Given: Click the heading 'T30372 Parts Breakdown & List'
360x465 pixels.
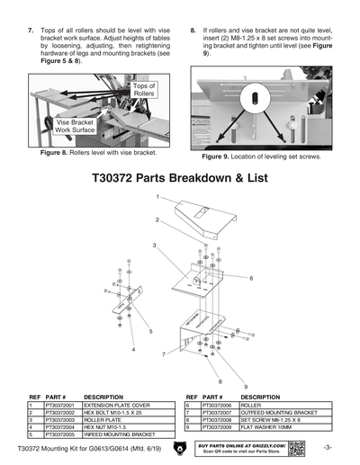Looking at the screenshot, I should coord(180,177).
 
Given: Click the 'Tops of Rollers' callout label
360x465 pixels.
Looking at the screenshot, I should coord(145,88).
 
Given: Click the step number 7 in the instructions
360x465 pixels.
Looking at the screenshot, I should coord(31,30).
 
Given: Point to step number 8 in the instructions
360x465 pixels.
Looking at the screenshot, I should coord(193,30).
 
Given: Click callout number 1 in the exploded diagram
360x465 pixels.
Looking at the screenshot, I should coord(157,196).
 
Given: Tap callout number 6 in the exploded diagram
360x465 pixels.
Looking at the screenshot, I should coord(251,278).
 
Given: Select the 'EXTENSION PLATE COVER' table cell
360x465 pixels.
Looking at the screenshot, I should coord(122,406).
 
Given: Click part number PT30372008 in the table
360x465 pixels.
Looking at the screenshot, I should coord(220,419).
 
